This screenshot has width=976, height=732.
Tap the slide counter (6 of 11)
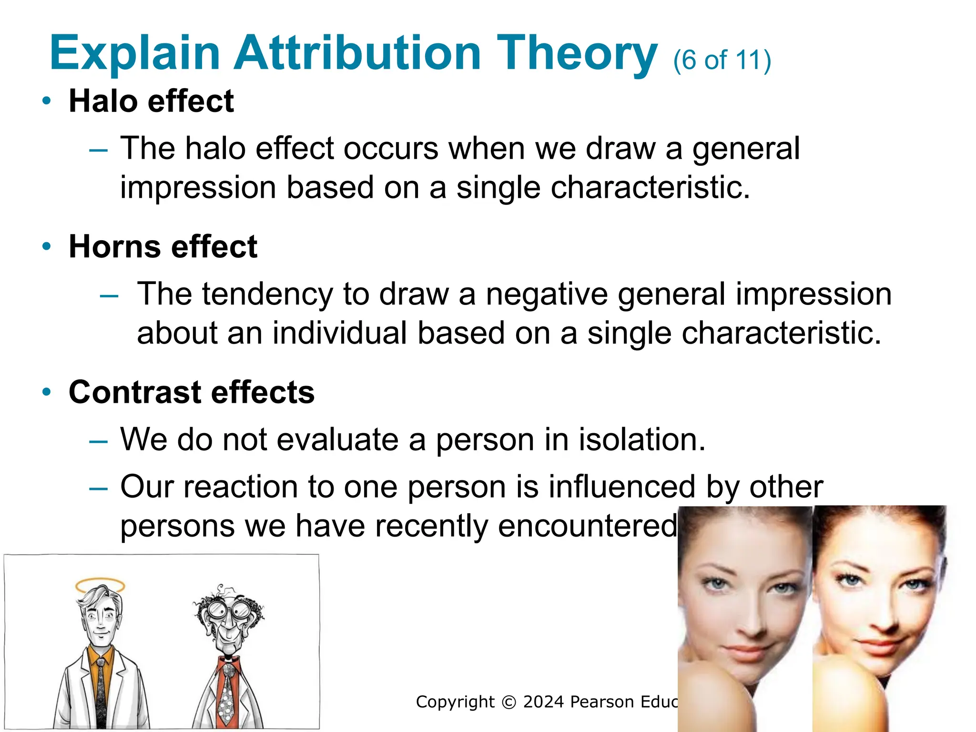tap(722, 61)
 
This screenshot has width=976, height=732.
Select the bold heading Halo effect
tap(151, 102)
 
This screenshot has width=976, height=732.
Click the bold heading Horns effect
tap(163, 247)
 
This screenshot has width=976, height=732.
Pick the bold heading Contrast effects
tap(192, 392)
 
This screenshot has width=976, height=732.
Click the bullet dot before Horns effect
tap(46, 246)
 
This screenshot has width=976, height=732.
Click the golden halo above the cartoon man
tap(100, 585)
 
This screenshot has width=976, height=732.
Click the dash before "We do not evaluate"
tap(99, 441)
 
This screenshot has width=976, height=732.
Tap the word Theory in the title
tap(577, 53)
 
